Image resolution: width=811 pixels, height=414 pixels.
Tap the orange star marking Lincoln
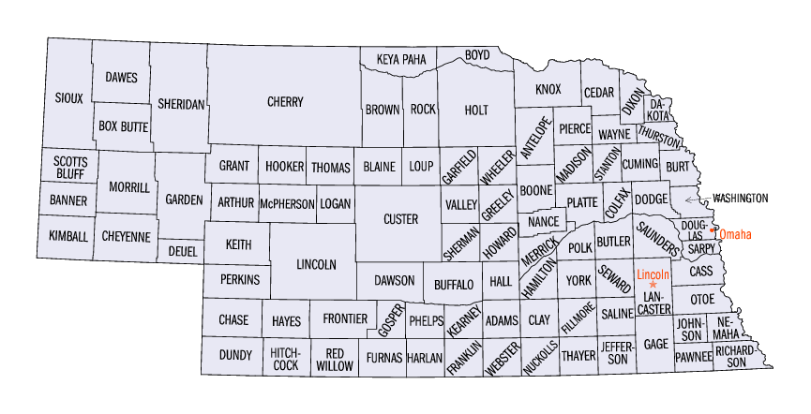653,284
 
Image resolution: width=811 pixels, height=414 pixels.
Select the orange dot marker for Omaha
714,229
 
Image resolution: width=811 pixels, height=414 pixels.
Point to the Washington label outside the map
740,199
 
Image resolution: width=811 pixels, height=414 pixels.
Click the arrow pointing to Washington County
694,199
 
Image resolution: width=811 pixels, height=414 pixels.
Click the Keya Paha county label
401,60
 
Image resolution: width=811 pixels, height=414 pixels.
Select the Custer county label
400,219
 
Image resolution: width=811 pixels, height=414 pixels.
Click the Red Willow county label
331,360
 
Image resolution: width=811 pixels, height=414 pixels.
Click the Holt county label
476,110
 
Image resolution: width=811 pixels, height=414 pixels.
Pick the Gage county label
656,344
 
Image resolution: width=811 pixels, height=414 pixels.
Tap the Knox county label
548,90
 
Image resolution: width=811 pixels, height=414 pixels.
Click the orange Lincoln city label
653,274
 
